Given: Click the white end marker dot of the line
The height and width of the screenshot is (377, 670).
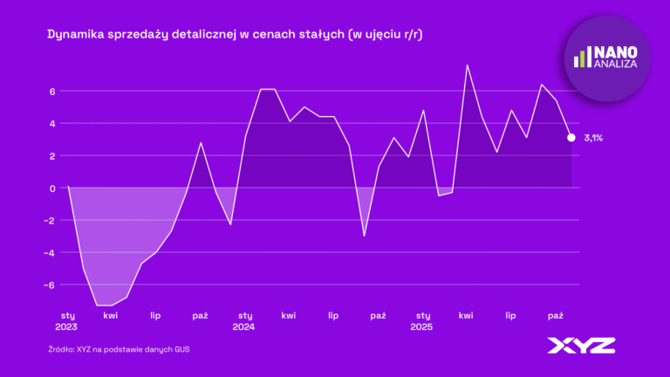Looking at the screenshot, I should [x=571, y=137].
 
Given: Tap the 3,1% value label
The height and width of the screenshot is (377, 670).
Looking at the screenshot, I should [x=593, y=138].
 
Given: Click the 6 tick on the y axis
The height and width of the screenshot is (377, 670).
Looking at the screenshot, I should [x=52, y=91].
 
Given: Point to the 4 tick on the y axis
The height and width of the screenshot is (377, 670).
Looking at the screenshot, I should [x=52, y=123].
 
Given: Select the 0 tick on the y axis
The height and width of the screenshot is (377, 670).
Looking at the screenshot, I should [x=52, y=188].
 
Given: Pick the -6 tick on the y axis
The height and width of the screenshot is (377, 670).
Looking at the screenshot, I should [x=50, y=284].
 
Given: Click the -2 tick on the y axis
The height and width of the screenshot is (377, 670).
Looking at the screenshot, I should [x=50, y=220].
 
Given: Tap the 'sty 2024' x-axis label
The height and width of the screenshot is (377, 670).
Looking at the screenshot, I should [x=245, y=320].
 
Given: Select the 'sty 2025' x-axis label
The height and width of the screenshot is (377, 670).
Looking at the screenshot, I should [x=423, y=320].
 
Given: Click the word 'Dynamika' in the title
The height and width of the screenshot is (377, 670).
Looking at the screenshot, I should [x=73, y=35].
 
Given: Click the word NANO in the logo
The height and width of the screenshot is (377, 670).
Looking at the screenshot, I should [x=616, y=52].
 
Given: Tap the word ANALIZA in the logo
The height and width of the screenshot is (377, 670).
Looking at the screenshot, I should [x=616, y=64].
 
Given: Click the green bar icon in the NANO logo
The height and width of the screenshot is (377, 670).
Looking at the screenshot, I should [x=582, y=58].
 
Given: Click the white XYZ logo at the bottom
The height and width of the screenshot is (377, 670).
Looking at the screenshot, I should [x=581, y=346].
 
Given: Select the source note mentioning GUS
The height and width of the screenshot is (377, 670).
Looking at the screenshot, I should [x=119, y=349].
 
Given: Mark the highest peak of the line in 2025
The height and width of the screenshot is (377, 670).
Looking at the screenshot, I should [x=468, y=65].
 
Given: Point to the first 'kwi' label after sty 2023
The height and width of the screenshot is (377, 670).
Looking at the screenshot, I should [x=111, y=315].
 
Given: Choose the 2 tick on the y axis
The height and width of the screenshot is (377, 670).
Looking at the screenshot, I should [x=52, y=155].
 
